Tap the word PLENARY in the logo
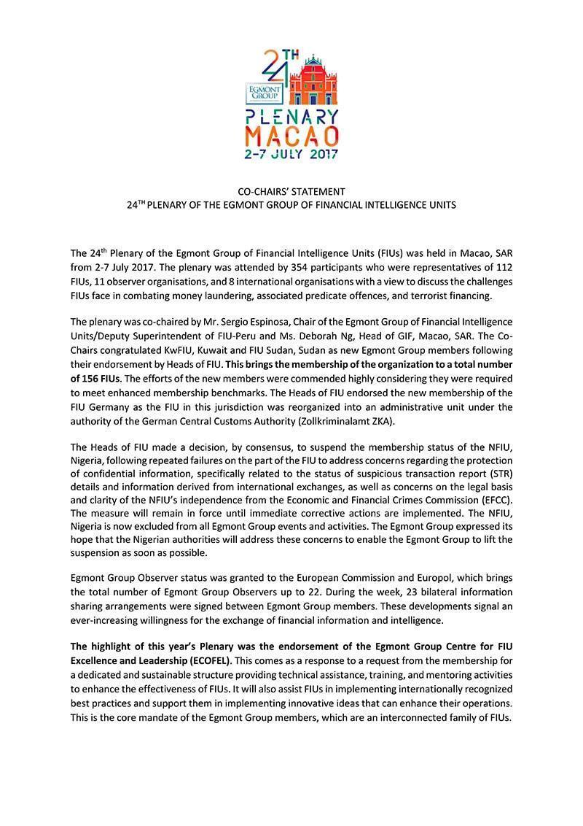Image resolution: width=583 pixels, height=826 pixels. [291, 117]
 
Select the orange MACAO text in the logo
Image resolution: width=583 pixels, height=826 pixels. [291, 136]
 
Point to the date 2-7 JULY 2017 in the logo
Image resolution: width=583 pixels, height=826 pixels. [291, 154]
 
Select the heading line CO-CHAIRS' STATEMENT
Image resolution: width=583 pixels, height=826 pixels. [291, 192]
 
